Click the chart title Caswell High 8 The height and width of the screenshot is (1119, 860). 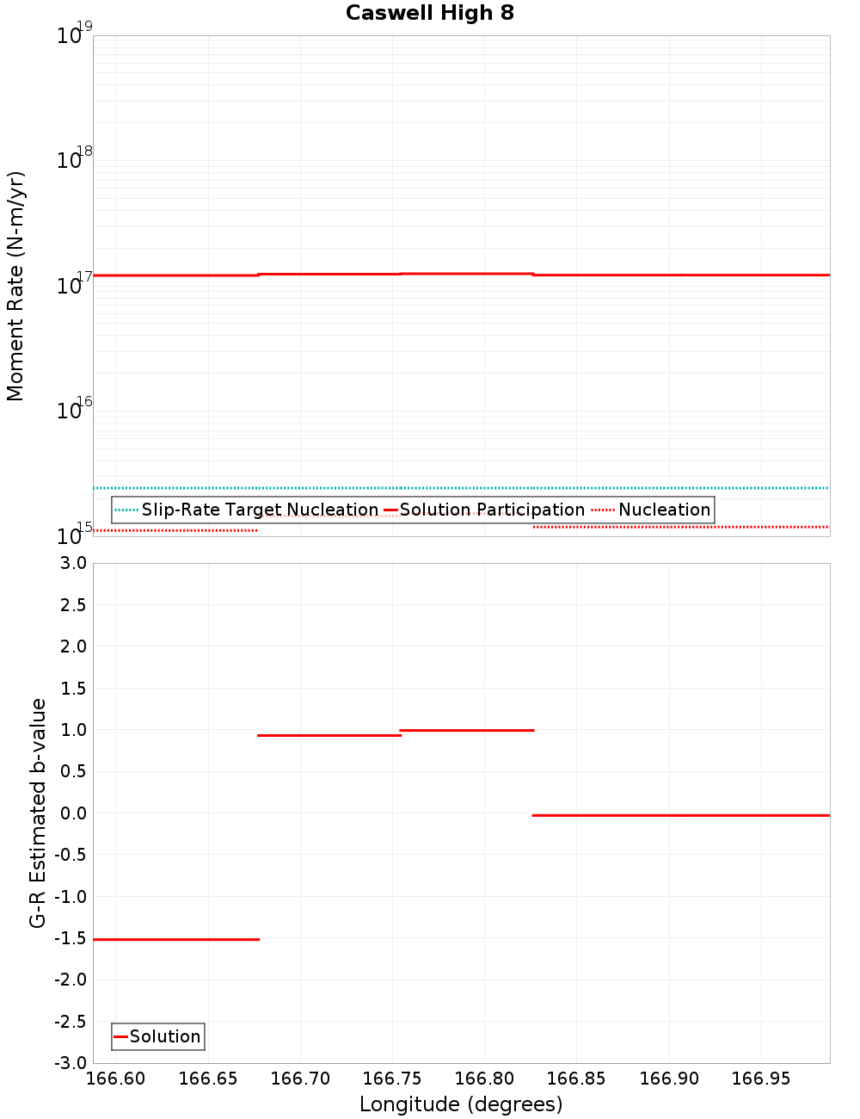[x=429, y=13]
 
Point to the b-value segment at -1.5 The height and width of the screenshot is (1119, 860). [x=176, y=939]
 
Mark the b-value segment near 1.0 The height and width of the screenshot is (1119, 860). [x=467, y=730]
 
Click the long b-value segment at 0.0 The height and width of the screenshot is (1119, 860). [x=681, y=814]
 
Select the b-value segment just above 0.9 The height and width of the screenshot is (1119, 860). [x=329, y=735]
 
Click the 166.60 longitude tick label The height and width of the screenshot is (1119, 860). [x=116, y=1079]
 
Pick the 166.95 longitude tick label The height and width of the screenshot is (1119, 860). [x=760, y=1079]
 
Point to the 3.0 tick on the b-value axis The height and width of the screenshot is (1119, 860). [x=71, y=563]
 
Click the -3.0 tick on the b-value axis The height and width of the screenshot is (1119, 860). [x=70, y=1063]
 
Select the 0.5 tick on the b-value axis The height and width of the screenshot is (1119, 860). [x=71, y=771]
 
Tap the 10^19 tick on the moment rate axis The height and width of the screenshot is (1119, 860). [x=74, y=35]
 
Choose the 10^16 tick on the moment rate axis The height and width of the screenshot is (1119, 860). [x=74, y=410]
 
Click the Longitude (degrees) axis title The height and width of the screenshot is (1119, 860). [x=461, y=1104]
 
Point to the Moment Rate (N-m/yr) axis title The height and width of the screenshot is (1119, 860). [x=15, y=286]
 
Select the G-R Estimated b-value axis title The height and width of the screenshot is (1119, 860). [x=38, y=813]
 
